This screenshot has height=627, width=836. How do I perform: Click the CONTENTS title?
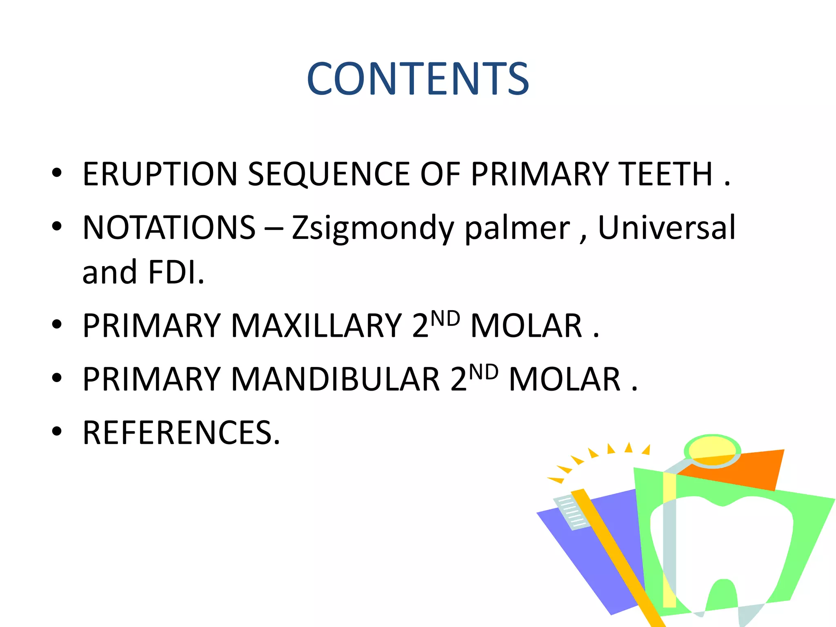pos(418,78)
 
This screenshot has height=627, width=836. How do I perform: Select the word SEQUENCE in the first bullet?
pos(329,174)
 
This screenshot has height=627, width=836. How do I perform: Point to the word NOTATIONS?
pos(169,227)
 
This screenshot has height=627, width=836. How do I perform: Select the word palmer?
pos(517,227)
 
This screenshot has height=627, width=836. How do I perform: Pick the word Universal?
pos(667,227)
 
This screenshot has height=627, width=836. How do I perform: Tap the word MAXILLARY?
pos(317,326)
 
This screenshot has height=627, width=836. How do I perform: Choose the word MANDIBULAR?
pos(336,379)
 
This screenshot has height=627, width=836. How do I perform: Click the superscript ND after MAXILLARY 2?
pos(445,318)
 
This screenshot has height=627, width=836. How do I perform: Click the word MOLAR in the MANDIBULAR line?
pos(565,379)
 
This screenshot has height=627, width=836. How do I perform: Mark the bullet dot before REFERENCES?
pos(57,431)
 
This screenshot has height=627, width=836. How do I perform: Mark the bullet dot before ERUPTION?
pos(57,173)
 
